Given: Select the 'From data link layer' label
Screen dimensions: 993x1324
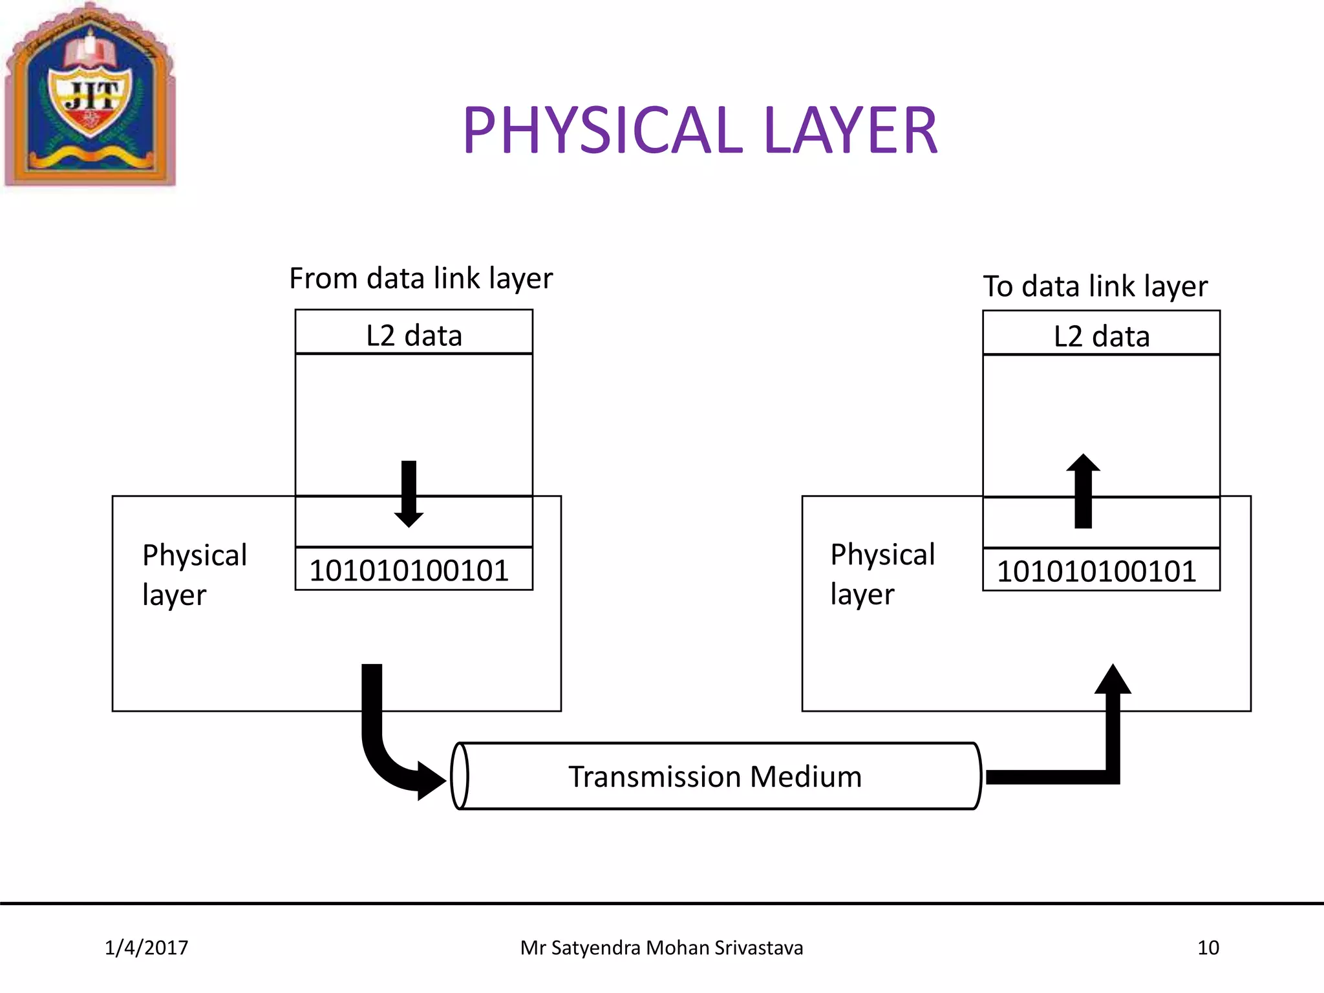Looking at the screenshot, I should (x=421, y=279).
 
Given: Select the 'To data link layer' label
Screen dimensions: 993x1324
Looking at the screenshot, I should (x=1095, y=286).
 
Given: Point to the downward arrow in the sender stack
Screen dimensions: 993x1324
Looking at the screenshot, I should (x=409, y=493).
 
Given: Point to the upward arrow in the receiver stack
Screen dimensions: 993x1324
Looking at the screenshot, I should (x=1083, y=491).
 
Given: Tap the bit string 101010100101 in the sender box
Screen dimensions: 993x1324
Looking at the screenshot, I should (x=409, y=571).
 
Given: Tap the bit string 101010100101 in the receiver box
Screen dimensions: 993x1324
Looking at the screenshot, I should (x=1096, y=571).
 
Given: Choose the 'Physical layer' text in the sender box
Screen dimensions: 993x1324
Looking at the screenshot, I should (x=194, y=575).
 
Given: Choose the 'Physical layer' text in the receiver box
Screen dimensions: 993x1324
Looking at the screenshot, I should (x=882, y=574).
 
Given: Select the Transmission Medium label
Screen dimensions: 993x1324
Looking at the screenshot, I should (x=715, y=776).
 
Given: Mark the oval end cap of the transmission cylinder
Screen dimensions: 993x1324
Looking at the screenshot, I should (x=459, y=776).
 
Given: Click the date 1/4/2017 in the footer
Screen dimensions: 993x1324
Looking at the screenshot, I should (x=147, y=948).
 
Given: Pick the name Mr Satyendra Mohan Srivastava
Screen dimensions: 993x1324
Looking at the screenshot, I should (x=661, y=948).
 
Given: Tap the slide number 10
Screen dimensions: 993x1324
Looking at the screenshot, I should (x=1208, y=948).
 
